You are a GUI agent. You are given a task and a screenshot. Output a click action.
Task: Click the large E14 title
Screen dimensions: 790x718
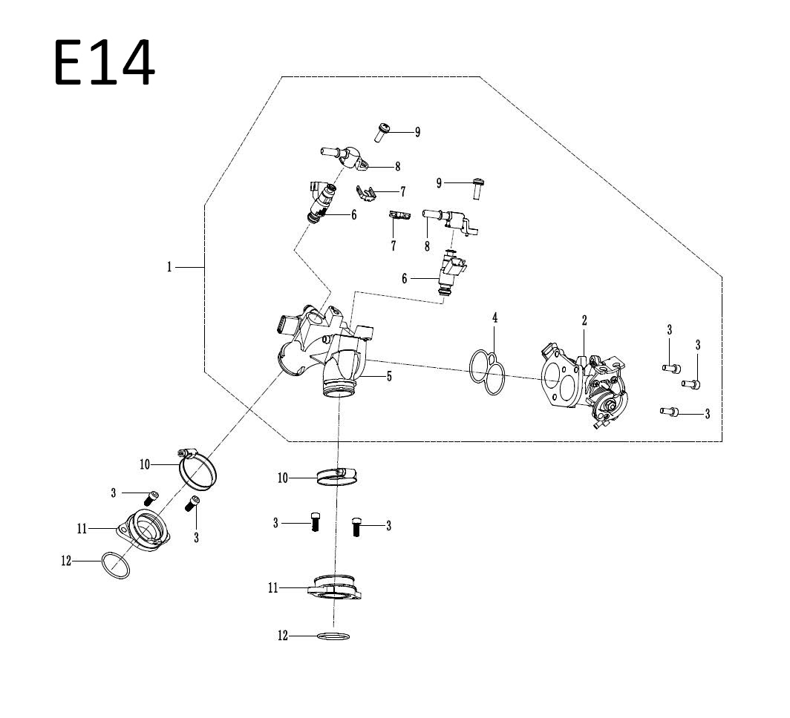click(104, 62)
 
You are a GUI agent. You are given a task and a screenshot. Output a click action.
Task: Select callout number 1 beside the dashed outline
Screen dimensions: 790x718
click(170, 267)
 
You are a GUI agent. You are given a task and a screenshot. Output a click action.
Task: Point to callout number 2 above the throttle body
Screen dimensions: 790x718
click(584, 320)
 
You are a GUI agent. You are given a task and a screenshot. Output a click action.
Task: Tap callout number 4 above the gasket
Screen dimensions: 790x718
click(494, 317)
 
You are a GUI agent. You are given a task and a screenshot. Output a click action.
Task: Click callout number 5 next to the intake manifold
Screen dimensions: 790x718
click(389, 376)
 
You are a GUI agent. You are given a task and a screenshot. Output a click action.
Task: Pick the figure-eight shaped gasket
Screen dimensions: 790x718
click(487, 373)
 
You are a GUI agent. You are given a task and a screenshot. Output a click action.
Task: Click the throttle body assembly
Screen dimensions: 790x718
click(584, 384)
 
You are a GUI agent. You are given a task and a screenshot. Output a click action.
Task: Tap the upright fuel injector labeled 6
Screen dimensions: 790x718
click(452, 272)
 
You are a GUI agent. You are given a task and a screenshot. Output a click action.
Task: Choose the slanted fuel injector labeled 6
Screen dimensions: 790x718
click(321, 201)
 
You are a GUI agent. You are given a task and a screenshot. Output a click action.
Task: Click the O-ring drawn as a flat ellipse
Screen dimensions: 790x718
click(333, 636)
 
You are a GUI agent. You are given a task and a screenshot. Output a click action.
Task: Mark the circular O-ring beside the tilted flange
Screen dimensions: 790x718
click(115, 565)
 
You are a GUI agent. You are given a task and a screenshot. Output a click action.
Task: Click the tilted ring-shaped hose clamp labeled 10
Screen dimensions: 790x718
click(197, 469)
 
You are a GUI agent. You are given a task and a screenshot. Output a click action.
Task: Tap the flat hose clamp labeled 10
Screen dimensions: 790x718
click(337, 476)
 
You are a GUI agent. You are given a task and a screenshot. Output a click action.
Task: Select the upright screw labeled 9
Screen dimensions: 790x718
click(476, 188)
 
